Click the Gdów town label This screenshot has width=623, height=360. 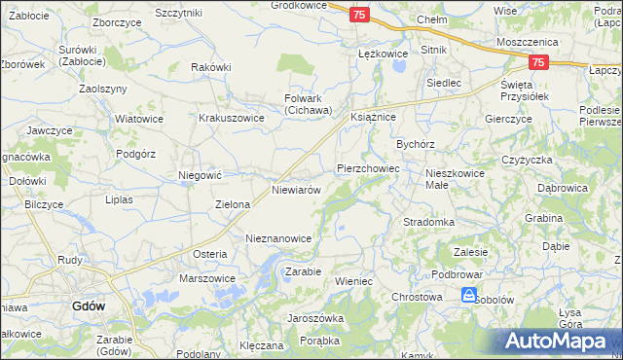(x=89, y=306)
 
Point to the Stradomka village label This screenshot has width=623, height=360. (x=429, y=222)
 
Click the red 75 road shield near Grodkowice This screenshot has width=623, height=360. (x=359, y=15)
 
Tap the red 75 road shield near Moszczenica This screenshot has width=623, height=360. (x=539, y=61)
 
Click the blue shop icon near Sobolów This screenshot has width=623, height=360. (x=469, y=295)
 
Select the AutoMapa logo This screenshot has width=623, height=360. (x=559, y=341)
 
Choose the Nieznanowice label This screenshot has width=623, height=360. (x=278, y=238)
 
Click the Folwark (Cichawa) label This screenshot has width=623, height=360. (x=308, y=104)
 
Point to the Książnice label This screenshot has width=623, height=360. (x=373, y=116)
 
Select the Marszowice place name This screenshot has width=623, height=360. (x=207, y=278)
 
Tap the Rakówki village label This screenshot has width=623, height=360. (x=210, y=67)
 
